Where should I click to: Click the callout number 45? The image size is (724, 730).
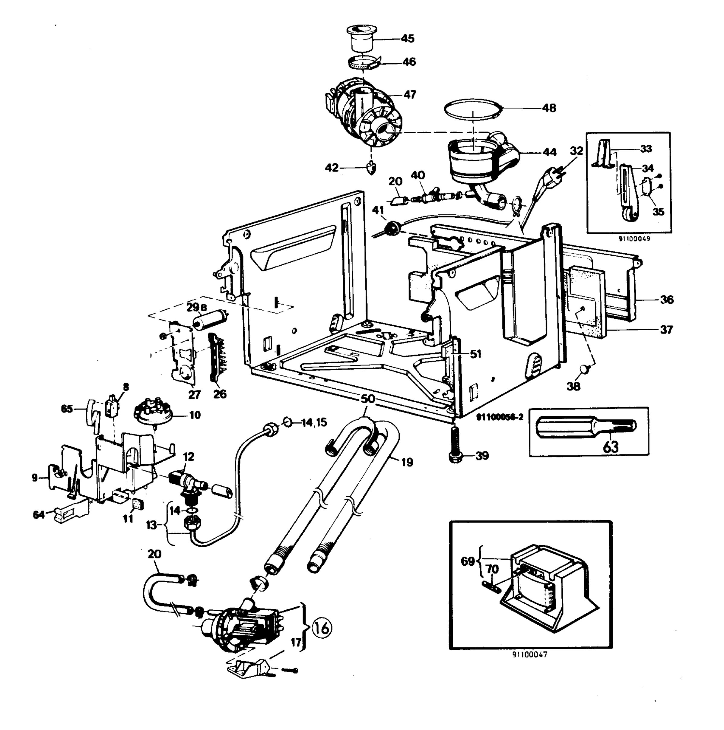pyautogui.click(x=407, y=39)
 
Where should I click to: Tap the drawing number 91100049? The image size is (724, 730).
pyautogui.click(x=634, y=239)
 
